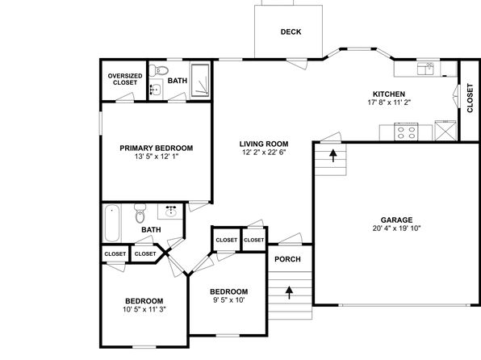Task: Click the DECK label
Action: point(291,31)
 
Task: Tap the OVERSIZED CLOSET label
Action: point(125,79)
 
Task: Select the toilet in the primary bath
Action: point(159,70)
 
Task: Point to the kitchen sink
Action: point(425,69)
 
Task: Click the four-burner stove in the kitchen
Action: point(406,132)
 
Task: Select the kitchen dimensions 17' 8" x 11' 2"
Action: point(389,103)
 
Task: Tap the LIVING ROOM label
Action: point(264,144)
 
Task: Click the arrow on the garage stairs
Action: point(333,155)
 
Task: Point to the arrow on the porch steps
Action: point(289,292)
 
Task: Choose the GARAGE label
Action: point(396,220)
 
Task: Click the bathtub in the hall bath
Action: point(111,224)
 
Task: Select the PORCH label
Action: point(288,259)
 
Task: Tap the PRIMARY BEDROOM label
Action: point(157,148)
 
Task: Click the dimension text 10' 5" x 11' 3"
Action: point(144,309)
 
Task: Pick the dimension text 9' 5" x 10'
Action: point(229,299)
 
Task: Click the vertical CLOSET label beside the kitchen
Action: point(470,98)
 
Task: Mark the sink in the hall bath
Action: point(170,211)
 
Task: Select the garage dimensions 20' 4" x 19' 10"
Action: point(396,228)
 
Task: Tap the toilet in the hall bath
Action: point(140,213)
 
